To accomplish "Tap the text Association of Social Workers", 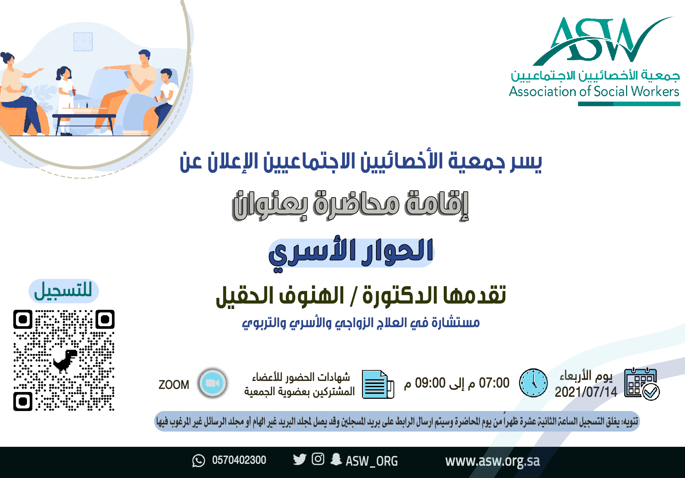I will tap(594, 92).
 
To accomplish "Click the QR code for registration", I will tap(64, 360).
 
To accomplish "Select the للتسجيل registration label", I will tap(64, 291).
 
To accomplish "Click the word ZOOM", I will tap(174, 385).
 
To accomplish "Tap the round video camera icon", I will tap(213, 383).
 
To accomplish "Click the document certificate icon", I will tap(378, 384).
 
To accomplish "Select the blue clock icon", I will tap(534, 383).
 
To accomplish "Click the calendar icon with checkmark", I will tap(642, 384).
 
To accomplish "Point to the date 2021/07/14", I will tap(586, 392).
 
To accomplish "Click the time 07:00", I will tap(494, 383).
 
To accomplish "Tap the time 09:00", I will tap(430, 383).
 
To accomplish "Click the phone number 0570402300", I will tap(239, 460).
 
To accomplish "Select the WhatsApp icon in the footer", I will tap(199, 460).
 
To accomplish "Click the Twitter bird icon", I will tap(299, 459).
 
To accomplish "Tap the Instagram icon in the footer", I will tap(318, 459).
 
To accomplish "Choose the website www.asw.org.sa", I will tap(492, 461).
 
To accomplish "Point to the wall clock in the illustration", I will tap(83, 41).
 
